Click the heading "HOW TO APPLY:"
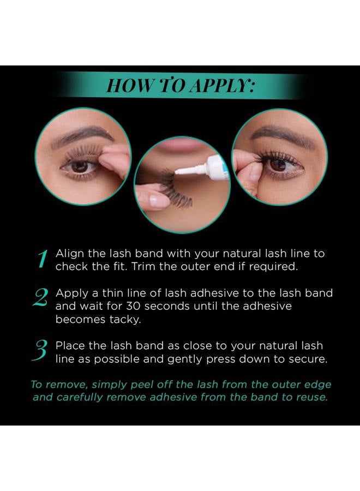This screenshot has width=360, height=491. tap(179, 86)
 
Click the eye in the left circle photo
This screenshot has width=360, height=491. tap(80, 166)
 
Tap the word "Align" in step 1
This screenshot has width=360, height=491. tap(69, 254)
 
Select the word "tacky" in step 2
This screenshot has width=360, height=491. tap(126, 320)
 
